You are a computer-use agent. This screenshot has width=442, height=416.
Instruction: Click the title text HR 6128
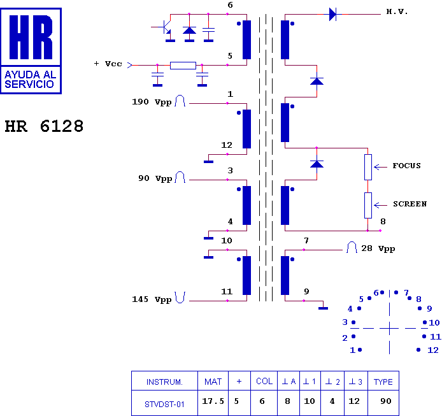44,127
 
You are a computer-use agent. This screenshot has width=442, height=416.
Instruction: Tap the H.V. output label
397,12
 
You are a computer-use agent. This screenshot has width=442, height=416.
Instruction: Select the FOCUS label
406,166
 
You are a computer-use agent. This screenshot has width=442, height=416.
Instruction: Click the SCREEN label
410,204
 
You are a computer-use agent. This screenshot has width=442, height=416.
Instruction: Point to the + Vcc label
108,64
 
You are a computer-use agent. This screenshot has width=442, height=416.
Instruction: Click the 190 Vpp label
152,102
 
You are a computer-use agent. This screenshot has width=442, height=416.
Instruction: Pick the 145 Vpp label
152,299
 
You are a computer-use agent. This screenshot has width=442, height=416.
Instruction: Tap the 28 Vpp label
378,248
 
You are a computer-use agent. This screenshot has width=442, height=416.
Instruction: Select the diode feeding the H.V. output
332,14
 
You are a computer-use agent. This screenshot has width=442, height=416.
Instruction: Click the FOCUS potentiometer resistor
367,166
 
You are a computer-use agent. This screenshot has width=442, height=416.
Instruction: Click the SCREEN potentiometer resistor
367,204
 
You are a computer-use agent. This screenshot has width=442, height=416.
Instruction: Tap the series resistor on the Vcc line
183,65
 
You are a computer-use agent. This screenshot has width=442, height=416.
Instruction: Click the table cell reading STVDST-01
164,403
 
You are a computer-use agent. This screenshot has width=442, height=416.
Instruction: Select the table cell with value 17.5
213,403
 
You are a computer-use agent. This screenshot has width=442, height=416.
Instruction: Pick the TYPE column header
383,382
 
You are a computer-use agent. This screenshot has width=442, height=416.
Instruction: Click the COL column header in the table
264,382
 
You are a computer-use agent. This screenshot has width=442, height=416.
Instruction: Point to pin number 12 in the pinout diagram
433,350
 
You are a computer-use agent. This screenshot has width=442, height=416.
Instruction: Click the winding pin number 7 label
306,240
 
